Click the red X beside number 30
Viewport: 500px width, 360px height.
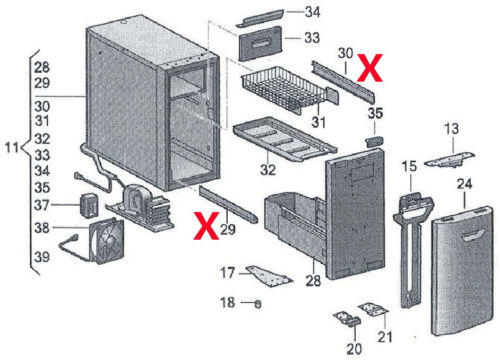tap(370, 68)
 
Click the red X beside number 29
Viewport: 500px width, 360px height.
tap(206, 226)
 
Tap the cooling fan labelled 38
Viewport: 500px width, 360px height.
tap(107, 241)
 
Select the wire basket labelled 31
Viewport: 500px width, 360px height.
tap(287, 89)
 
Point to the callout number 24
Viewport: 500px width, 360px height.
tap(464, 184)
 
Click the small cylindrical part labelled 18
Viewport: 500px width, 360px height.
tap(258, 304)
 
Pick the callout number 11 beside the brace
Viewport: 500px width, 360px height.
tap(12, 147)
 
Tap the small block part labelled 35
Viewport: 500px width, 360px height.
tap(374, 142)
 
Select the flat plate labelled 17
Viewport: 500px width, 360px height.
tap(269, 275)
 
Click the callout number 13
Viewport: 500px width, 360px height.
tap(451, 129)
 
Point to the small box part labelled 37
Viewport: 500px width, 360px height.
tap(89, 206)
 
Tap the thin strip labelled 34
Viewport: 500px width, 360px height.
tap(259, 18)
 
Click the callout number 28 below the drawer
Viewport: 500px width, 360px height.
tap(313, 281)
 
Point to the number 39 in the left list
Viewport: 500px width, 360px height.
tap(42, 257)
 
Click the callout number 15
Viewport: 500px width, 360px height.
tap(409, 166)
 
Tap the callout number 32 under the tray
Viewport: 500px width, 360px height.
tap(268, 170)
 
